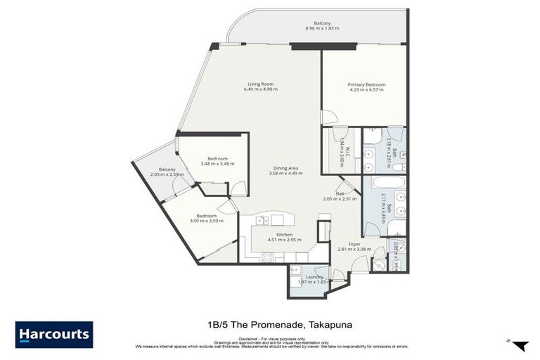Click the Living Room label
(x=260, y=84)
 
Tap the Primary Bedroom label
(x=366, y=85)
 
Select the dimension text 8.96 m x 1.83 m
(x=322, y=28)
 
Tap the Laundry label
(x=314, y=276)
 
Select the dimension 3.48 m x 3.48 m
(x=217, y=164)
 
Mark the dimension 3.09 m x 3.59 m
(x=206, y=221)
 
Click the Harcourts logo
(x=53, y=334)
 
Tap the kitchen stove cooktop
(x=268, y=257)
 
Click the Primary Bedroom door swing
(x=328, y=117)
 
